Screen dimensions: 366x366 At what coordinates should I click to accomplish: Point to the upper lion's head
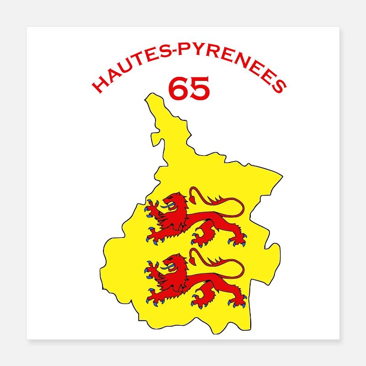pos(174,202)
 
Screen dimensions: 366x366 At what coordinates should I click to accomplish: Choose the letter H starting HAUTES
pos(97,86)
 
